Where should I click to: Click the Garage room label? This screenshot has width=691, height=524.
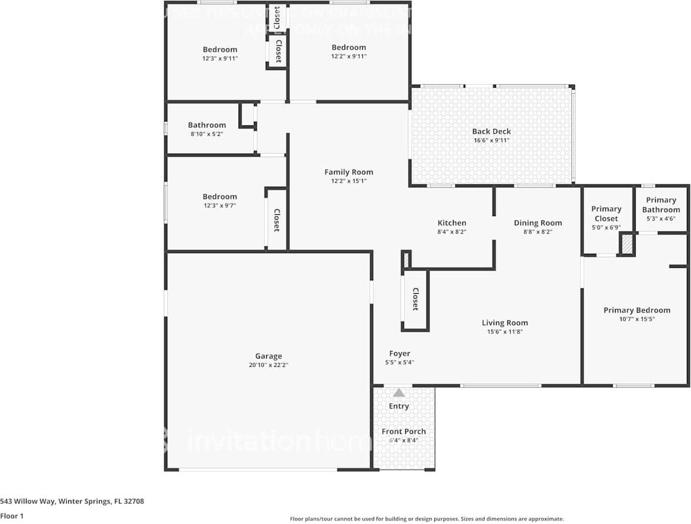[268, 356]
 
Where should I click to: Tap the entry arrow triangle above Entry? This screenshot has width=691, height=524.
[399, 393]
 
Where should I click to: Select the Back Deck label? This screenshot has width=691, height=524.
[491, 131]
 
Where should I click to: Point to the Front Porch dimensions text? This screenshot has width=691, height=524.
[403, 440]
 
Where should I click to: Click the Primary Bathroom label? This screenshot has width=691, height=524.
[660, 205]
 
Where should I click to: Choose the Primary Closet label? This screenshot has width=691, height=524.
[606, 213]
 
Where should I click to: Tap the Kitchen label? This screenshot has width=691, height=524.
[452, 223]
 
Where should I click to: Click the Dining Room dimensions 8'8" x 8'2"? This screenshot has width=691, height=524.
[538, 231]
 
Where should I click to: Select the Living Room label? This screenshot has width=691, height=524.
[505, 322]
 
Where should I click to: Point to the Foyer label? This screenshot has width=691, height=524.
[399, 353]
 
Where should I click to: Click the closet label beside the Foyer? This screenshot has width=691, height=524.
[415, 299]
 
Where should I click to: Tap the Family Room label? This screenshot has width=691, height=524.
[349, 172]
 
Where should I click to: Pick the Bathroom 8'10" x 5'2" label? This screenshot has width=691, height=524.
[207, 125]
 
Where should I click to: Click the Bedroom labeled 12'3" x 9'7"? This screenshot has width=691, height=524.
[220, 197]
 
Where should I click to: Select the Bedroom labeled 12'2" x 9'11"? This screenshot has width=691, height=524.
[349, 47]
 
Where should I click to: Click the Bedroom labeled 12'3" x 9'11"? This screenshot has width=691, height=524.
[220, 49]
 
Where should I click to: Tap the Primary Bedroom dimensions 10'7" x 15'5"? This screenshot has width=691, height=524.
[637, 319]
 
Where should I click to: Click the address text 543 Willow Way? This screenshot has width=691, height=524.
[72, 502]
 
